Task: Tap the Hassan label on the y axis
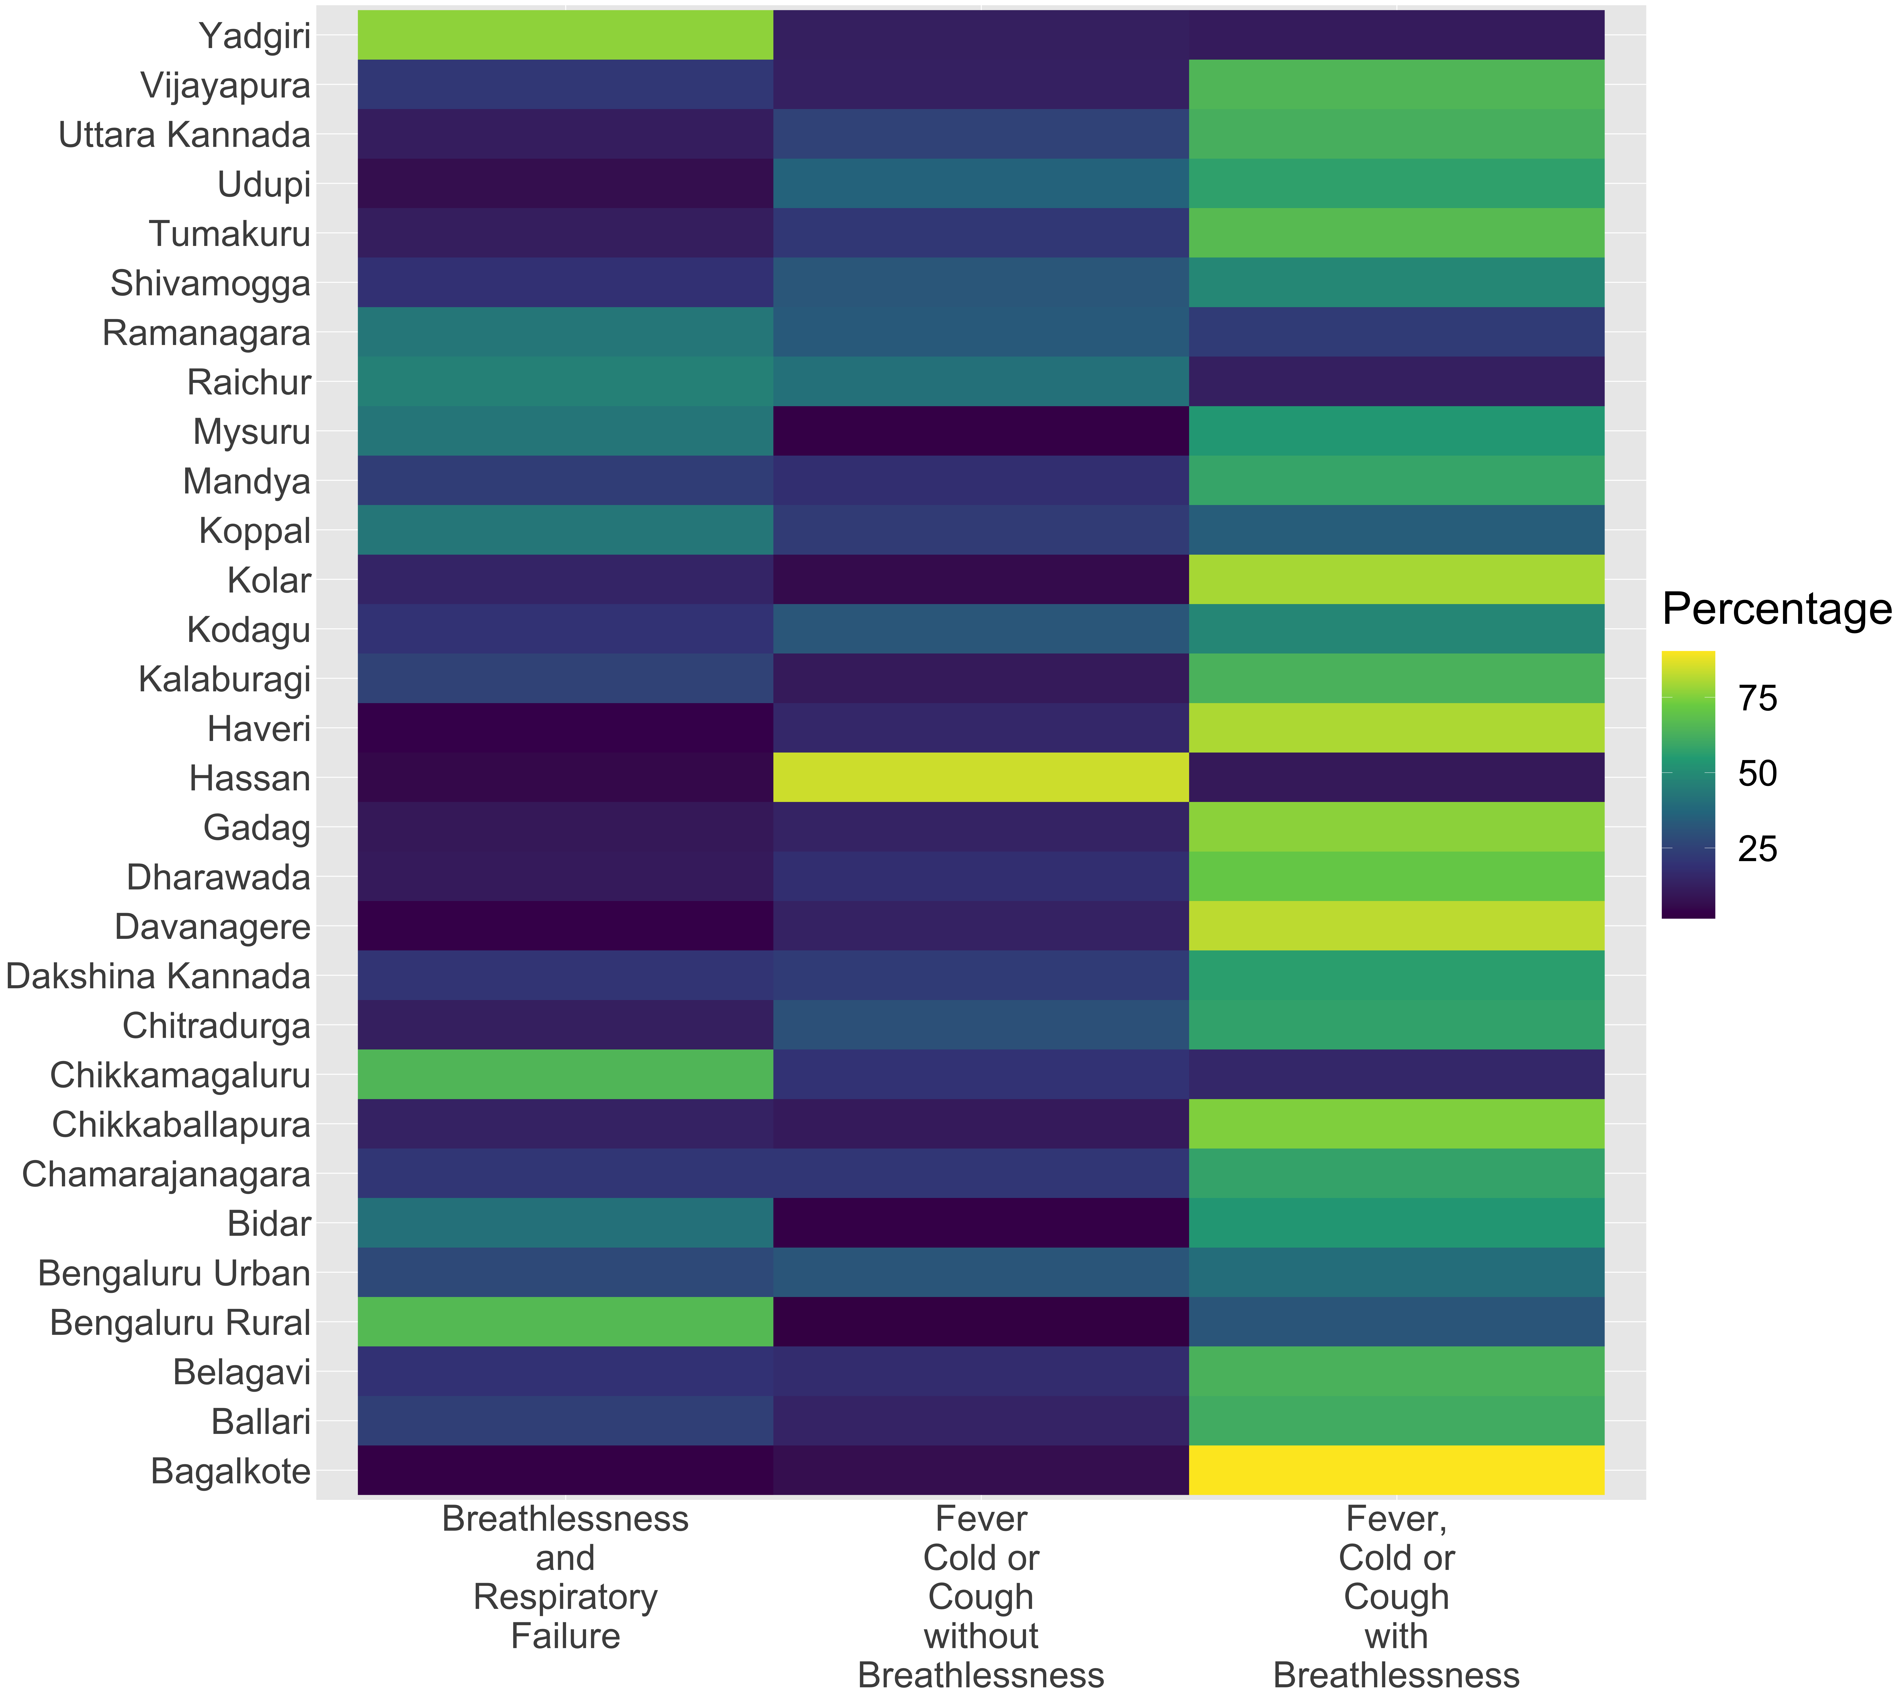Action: pos(249,778)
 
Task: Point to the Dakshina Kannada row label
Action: pos(158,976)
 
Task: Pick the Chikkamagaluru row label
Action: pos(180,1075)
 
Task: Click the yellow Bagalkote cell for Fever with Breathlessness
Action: pos(1397,1470)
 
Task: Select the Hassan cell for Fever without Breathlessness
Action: pos(981,777)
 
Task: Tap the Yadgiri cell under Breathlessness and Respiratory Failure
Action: pos(565,34)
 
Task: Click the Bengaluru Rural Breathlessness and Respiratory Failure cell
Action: pos(565,1322)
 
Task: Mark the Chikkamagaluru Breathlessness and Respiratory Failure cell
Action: pos(565,1074)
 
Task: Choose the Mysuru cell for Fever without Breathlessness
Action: pos(981,431)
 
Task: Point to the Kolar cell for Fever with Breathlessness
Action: pos(1397,579)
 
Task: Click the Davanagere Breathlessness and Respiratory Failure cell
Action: pos(565,926)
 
